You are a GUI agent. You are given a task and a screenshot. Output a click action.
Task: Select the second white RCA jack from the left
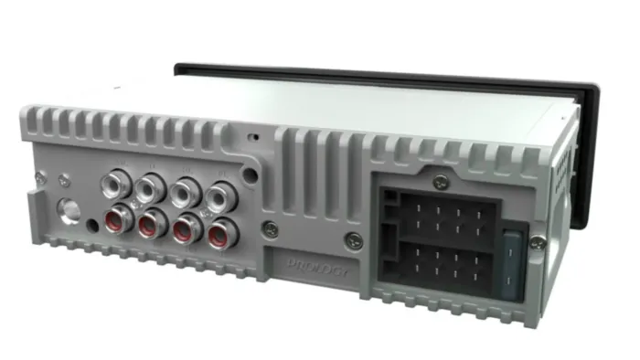tap(149, 187)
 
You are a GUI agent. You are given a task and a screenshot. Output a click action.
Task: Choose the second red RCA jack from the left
tap(153, 222)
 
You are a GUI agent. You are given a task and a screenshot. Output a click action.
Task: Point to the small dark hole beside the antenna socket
tap(93, 224)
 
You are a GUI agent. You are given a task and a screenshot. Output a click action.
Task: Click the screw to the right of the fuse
tap(539, 241)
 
